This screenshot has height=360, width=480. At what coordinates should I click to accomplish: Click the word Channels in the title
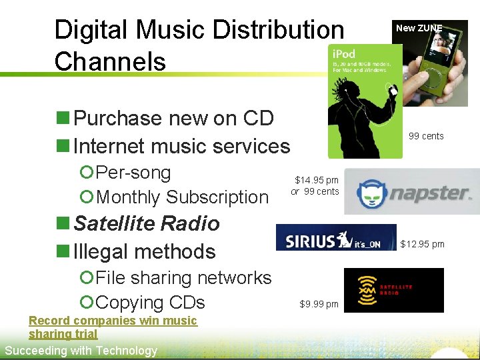click(x=110, y=61)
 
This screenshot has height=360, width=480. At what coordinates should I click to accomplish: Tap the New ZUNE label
click(x=419, y=28)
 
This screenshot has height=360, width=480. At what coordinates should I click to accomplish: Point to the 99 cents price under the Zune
click(x=426, y=136)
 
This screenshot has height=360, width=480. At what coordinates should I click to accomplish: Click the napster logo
click(x=413, y=193)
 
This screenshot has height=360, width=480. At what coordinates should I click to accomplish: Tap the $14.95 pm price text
click(x=317, y=180)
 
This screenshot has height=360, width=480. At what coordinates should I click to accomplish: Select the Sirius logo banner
click(x=336, y=238)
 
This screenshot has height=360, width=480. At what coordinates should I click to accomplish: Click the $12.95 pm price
click(x=422, y=244)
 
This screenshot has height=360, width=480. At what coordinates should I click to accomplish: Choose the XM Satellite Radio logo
click(x=393, y=289)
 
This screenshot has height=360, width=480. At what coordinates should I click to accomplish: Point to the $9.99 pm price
click(x=319, y=305)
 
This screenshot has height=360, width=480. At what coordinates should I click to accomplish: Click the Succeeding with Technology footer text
click(x=81, y=351)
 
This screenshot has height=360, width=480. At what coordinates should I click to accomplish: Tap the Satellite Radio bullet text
click(x=147, y=223)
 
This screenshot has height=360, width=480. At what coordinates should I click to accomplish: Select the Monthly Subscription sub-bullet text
click(x=182, y=197)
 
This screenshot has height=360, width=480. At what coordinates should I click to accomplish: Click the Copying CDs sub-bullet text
click(x=150, y=303)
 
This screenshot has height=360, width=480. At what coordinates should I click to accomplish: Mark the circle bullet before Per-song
click(x=85, y=173)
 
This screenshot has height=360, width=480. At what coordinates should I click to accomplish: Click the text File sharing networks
click(x=183, y=278)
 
